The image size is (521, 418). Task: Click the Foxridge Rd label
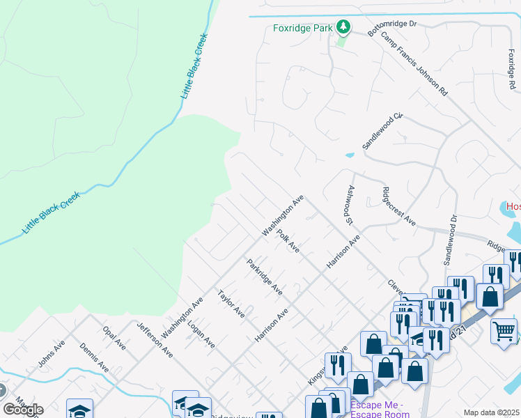[x=512, y=63]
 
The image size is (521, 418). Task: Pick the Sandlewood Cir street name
[x=382, y=131]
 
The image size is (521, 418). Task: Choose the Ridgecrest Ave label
[x=399, y=206]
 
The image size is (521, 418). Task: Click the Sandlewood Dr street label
[x=449, y=240]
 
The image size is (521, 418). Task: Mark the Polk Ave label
[x=288, y=240]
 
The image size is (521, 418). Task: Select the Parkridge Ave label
[x=264, y=277]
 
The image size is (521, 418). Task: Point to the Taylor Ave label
[x=231, y=304]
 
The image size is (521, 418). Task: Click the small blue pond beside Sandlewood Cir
[x=350, y=155]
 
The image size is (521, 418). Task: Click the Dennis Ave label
[x=93, y=357]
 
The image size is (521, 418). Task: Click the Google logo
[x=23, y=410]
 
